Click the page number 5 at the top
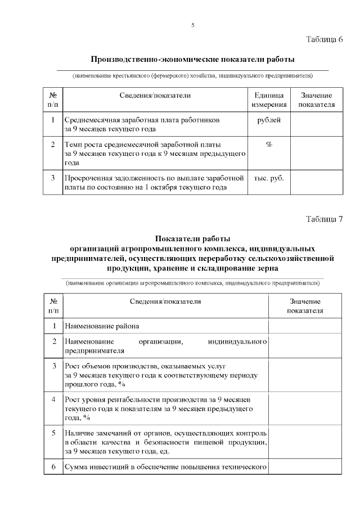[193, 25]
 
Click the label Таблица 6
[324, 39]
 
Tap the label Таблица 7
[324, 219]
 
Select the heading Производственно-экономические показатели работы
[192, 59]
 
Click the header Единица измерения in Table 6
[269, 100]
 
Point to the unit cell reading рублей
[269, 120]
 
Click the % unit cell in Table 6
[269, 145]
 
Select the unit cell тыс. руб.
[269, 178]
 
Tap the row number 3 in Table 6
[52, 178]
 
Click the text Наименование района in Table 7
[101, 326]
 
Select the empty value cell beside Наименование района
[305, 326]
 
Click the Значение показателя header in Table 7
[305, 306]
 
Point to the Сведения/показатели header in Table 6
[155, 96]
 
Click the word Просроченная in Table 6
[90, 178]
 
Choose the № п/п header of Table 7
[53, 306]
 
